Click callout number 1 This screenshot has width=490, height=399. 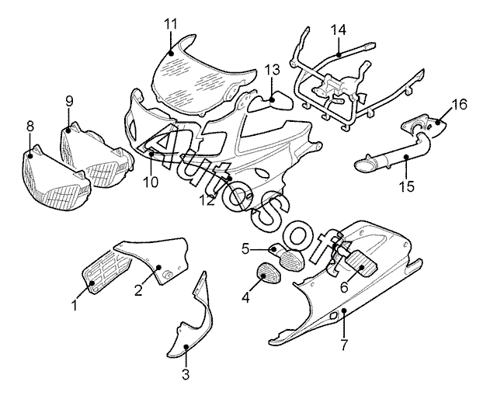coord(75,305)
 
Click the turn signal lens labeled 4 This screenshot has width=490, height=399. coord(267,276)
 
